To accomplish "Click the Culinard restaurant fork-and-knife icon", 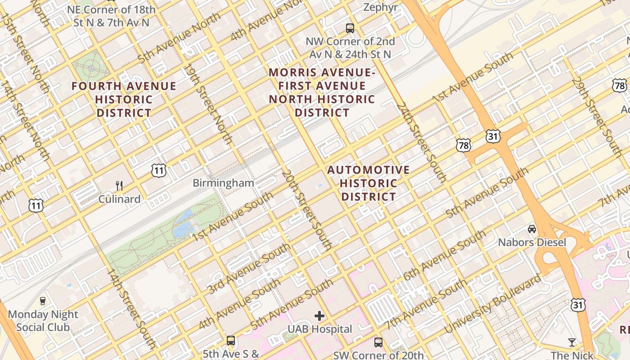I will coord(119,185).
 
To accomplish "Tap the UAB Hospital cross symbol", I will coord(319,316).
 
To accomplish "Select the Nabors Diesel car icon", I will coord(532,229).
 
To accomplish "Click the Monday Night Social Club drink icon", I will coord(43,301).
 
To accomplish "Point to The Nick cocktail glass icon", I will coord(572,342).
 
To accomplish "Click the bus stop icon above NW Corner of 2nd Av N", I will coord(350,28).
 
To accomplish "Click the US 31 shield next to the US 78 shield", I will coord(493,136).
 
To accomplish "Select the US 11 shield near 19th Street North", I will coord(159,170).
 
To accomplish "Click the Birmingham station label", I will coord(223,183).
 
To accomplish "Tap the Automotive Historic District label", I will coord(369,183).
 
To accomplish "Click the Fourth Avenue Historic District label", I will coord(124,99).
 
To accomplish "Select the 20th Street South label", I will coord(307,210).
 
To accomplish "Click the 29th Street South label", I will coord(597,116).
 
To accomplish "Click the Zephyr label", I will coord(380,7).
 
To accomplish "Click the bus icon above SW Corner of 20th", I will coord(378,342).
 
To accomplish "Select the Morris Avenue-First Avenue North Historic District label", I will coord(322,92).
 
